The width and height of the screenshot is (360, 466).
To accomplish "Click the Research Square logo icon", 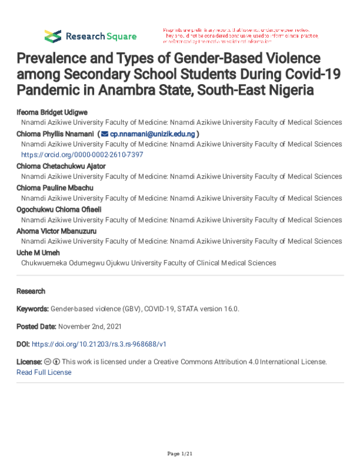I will coord(53,35).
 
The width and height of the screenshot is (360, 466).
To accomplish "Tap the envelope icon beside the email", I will coord(105,133).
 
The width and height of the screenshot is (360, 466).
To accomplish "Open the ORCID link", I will coord(82,155).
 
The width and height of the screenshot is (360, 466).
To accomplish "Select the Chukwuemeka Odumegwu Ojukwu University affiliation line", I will coord(148,263).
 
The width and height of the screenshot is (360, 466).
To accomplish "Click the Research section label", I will coord(31,291).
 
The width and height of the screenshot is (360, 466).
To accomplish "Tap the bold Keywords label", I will coord(32,309).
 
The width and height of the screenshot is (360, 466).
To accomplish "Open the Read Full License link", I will coord(44,372).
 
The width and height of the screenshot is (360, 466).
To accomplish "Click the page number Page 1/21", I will coord(180,452).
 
